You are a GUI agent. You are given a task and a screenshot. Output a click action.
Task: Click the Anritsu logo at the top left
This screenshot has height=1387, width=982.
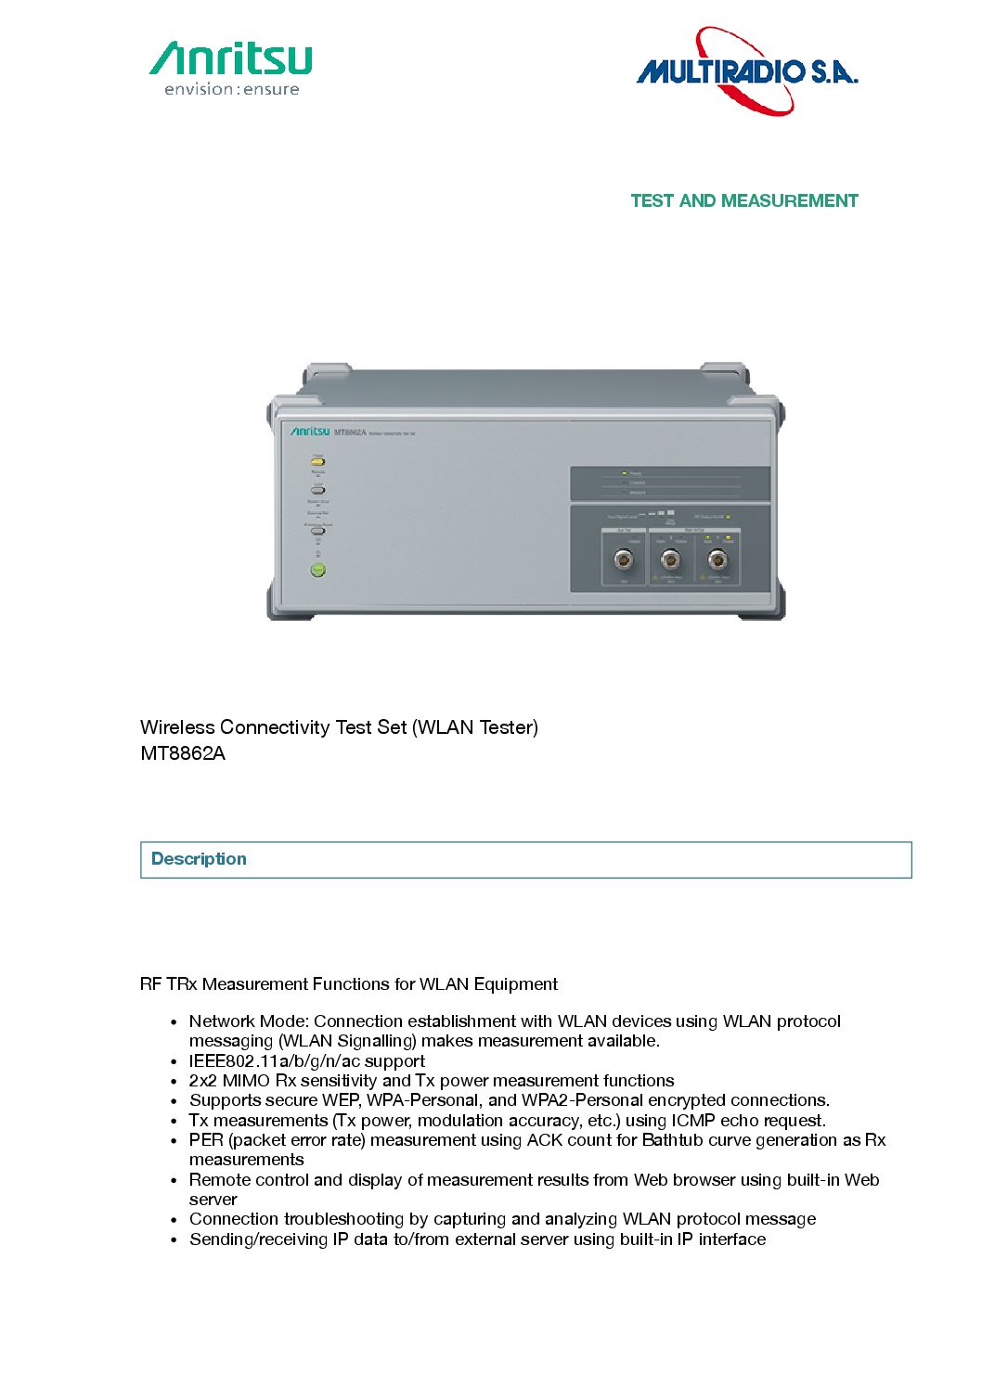pos(231,58)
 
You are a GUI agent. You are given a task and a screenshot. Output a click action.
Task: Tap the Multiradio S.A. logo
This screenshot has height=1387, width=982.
pos(747,71)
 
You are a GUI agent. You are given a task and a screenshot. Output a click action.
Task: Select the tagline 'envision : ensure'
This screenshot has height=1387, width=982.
pos(232,90)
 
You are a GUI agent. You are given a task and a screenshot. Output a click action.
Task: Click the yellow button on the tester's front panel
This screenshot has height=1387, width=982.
pos(317,461)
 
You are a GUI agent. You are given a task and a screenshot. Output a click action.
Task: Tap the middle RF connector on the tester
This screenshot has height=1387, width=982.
pos(670,559)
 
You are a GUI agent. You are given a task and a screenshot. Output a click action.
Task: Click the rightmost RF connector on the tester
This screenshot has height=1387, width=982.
pos(717,559)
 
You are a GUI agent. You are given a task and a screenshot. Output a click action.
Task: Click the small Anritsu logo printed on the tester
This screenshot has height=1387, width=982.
pos(309,431)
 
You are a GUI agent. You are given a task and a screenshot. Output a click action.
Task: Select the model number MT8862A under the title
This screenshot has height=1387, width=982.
pos(183,753)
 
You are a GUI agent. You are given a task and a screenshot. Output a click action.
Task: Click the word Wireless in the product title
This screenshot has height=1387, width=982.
pos(177,727)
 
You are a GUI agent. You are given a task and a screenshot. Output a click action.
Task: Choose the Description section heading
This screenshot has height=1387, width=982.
pos(199,859)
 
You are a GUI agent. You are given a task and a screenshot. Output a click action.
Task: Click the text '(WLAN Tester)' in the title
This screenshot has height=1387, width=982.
pos(475,727)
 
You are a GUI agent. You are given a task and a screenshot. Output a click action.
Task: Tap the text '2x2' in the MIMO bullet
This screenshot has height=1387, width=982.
pos(202,1081)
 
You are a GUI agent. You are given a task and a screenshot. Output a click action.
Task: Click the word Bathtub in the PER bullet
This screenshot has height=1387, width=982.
pos(672,1140)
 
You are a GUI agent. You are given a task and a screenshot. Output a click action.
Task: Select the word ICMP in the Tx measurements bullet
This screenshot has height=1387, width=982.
pos(693,1121)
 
